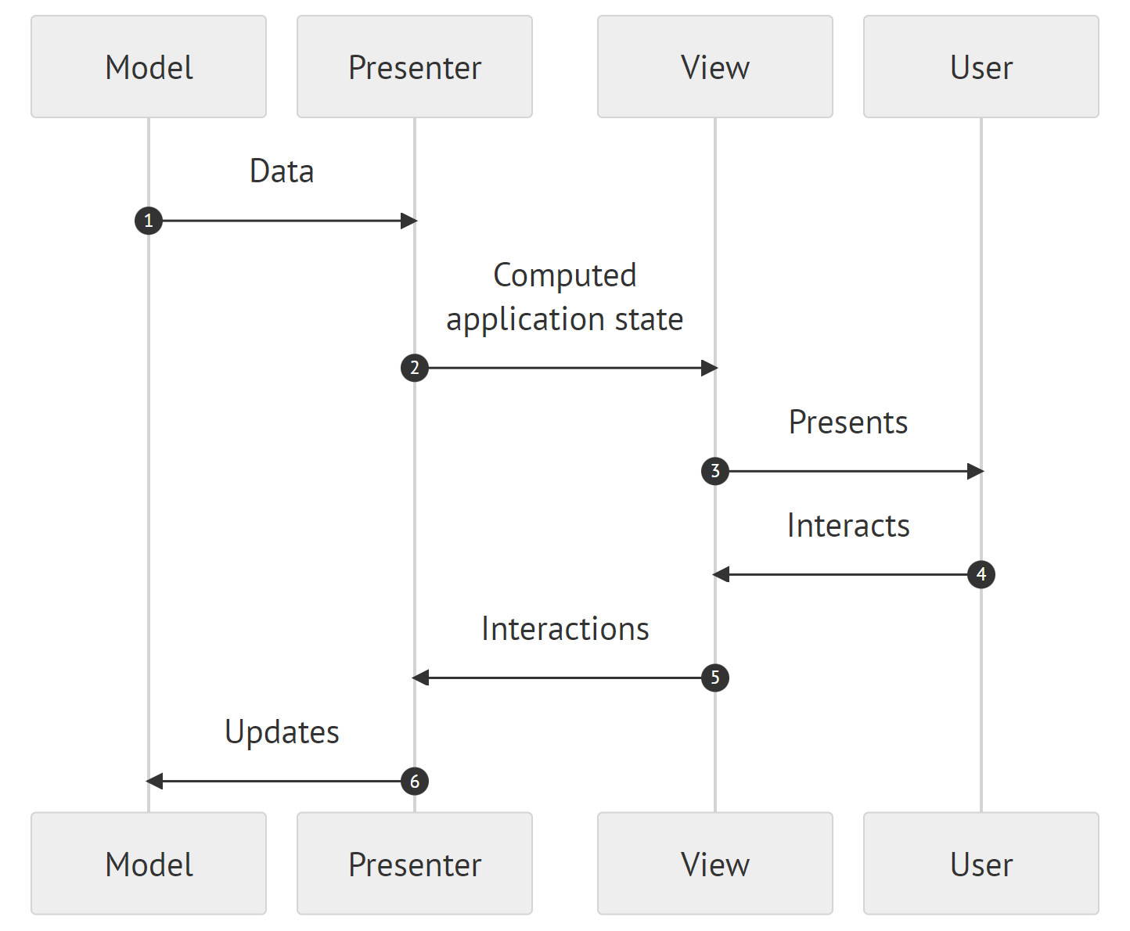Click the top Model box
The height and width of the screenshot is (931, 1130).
pos(149,67)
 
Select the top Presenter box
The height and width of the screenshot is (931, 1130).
pos(415,67)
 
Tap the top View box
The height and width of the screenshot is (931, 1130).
pos(714,67)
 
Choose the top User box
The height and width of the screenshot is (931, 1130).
pos(981,67)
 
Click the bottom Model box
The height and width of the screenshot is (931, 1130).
pos(149,864)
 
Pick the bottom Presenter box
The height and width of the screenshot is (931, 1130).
pos(415,864)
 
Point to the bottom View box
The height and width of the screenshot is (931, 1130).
pos(714,864)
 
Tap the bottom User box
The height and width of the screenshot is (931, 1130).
pos(981,864)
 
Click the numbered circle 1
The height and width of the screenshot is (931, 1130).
pos(149,221)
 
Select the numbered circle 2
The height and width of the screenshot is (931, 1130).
pos(415,368)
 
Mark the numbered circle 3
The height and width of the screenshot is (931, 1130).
pos(714,471)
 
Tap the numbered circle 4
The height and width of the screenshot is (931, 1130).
pos(981,574)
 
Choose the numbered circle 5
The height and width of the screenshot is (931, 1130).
pos(714,678)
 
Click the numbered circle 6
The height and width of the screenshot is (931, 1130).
pos(415,781)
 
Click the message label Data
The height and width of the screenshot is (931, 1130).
pos(282,171)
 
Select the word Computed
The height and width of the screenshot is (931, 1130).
pos(564,275)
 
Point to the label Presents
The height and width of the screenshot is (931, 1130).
pos(847,422)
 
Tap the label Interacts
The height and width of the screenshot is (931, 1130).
pos(847,526)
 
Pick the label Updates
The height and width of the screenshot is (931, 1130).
pos(282,732)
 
